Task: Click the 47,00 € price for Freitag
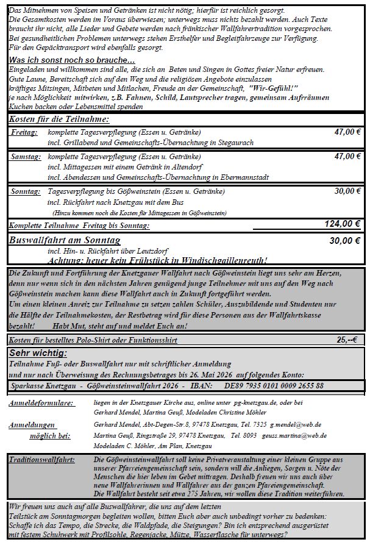pyautogui.click(x=347, y=132)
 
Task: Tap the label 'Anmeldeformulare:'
pyautogui.click(x=41, y=404)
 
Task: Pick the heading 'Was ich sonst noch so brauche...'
pyautogui.click(x=72, y=60)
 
